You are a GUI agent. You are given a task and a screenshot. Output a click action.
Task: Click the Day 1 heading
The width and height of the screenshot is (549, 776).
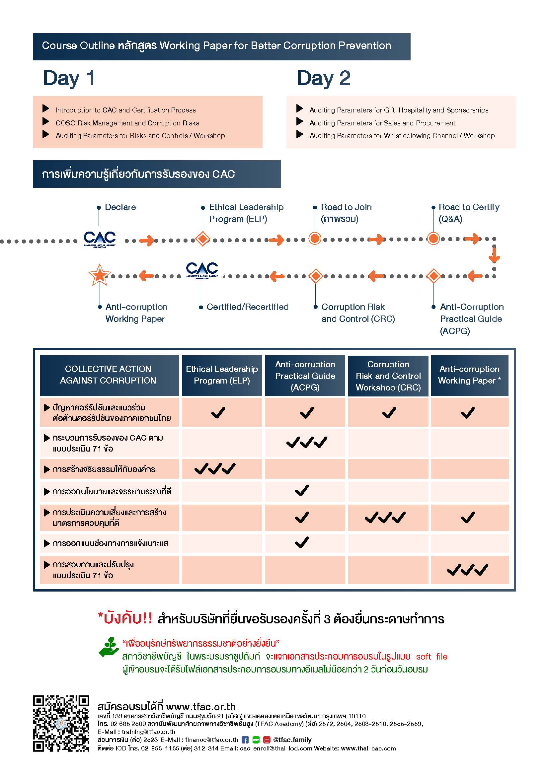click(x=69, y=79)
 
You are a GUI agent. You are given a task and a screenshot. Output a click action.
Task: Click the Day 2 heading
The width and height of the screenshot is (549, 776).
click(x=324, y=79)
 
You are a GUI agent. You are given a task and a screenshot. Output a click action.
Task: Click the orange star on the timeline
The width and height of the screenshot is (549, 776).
click(x=99, y=274)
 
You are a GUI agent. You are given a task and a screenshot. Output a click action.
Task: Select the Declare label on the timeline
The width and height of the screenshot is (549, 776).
click(x=120, y=207)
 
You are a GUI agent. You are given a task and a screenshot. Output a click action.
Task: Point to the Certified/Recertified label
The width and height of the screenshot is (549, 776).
click(x=248, y=307)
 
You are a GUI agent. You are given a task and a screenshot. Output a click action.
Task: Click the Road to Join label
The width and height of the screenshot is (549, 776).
click(x=346, y=213)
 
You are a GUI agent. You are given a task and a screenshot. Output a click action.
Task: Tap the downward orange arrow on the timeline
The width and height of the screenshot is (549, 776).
click(x=494, y=255)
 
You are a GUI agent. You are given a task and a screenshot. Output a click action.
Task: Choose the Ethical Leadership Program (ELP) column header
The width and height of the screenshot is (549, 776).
click(x=222, y=375)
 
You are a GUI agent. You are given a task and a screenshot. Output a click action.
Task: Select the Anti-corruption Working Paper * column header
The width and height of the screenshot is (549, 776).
click(x=470, y=375)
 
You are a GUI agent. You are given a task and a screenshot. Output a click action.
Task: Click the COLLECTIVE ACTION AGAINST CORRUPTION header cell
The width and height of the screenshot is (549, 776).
click(x=109, y=375)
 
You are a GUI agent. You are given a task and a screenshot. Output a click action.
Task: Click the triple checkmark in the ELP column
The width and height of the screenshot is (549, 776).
click(x=215, y=468)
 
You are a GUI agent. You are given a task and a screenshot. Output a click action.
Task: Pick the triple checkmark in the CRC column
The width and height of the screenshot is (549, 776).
click(x=385, y=518)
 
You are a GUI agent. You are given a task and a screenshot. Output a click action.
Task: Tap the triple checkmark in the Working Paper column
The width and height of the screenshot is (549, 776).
click(x=468, y=570)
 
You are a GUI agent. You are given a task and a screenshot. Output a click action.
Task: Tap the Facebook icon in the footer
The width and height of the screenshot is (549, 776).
click(x=245, y=740)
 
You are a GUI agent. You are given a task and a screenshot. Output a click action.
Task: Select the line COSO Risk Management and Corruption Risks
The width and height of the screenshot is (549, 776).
click(x=127, y=123)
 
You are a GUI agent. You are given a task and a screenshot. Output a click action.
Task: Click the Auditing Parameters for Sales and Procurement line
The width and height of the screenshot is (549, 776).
click(x=382, y=123)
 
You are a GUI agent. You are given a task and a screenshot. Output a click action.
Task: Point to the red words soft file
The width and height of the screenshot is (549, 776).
click(x=432, y=656)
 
